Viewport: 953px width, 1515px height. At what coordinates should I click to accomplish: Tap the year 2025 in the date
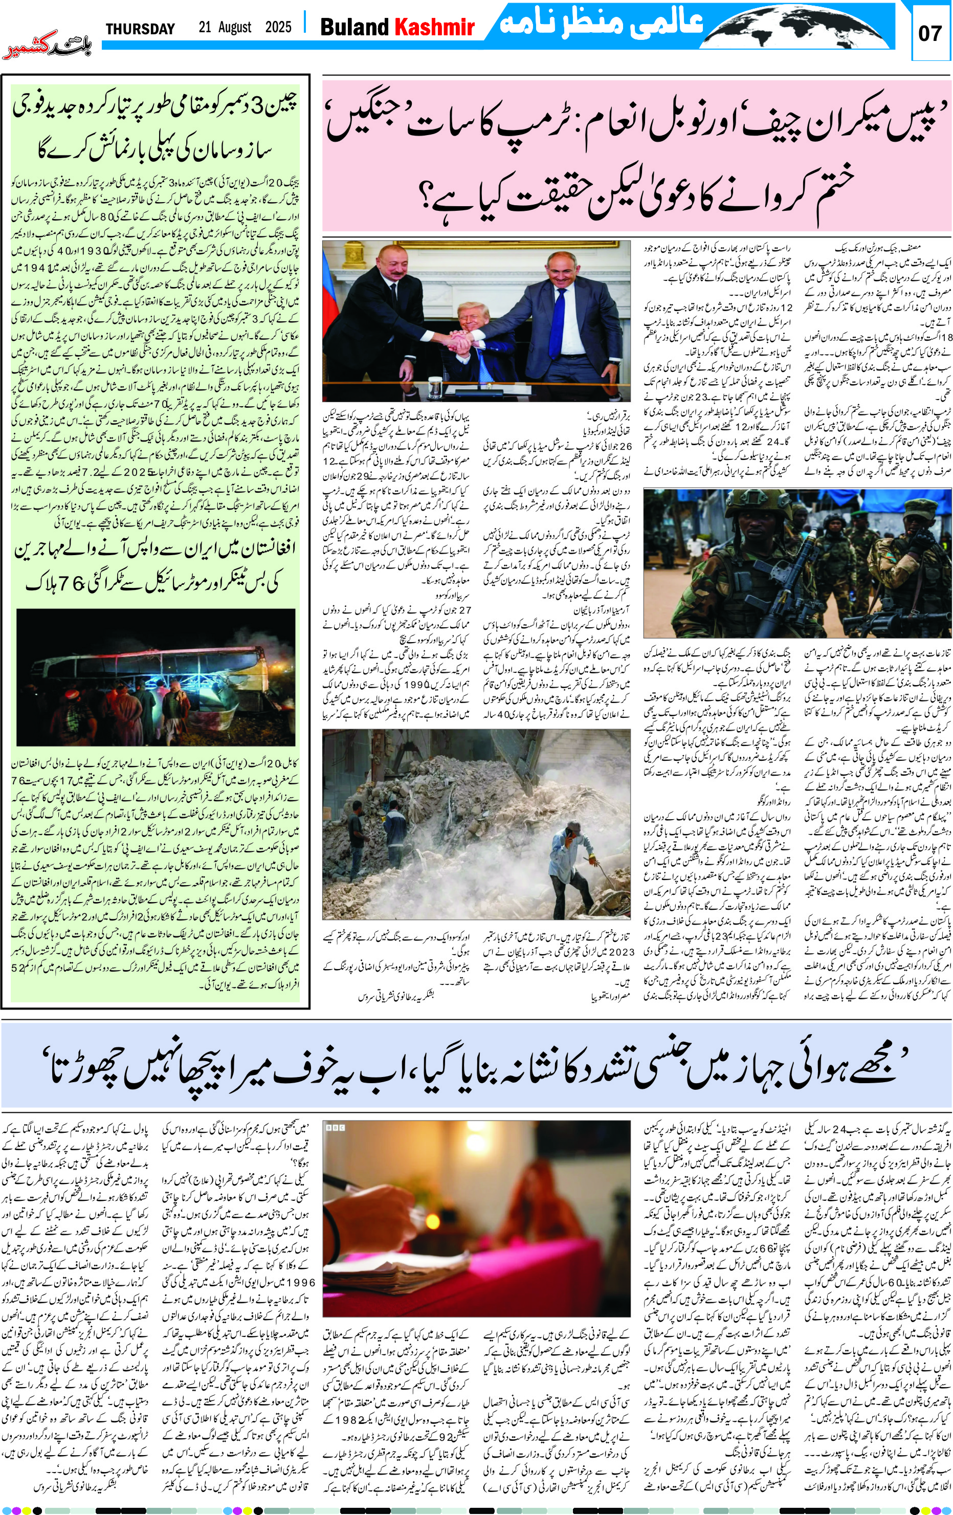(278, 27)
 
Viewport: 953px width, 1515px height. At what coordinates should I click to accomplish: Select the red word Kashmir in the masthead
(434, 27)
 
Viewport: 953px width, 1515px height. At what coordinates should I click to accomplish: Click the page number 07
(930, 33)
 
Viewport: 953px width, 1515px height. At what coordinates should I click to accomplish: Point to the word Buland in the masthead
(354, 27)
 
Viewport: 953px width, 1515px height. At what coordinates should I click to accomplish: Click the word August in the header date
(235, 27)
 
